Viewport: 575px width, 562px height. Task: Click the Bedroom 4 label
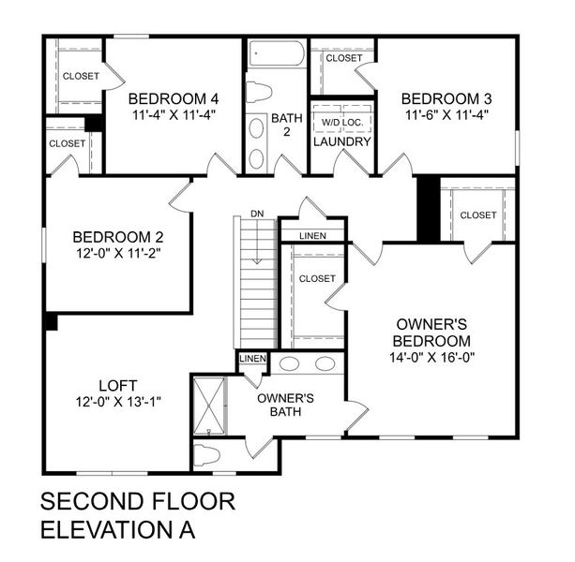174,99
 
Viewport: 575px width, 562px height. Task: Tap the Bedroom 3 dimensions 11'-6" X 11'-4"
446,115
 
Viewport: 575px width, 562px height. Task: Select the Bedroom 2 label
119,236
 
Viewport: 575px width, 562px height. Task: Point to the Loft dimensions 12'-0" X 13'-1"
118,401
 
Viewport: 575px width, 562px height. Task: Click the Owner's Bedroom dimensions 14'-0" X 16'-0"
431,358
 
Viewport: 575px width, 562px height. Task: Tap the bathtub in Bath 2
278,53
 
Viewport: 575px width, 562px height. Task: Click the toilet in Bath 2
258,92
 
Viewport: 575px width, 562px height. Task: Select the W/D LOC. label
342,122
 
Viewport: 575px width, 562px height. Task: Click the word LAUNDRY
342,141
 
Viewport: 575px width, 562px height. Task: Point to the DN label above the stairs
257,214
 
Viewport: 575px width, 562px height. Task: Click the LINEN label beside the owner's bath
252,359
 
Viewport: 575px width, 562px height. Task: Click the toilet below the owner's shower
206,455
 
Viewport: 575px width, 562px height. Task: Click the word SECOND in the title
89,501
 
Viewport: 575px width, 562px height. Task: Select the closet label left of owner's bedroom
317,278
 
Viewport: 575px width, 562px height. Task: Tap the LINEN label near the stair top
314,235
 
